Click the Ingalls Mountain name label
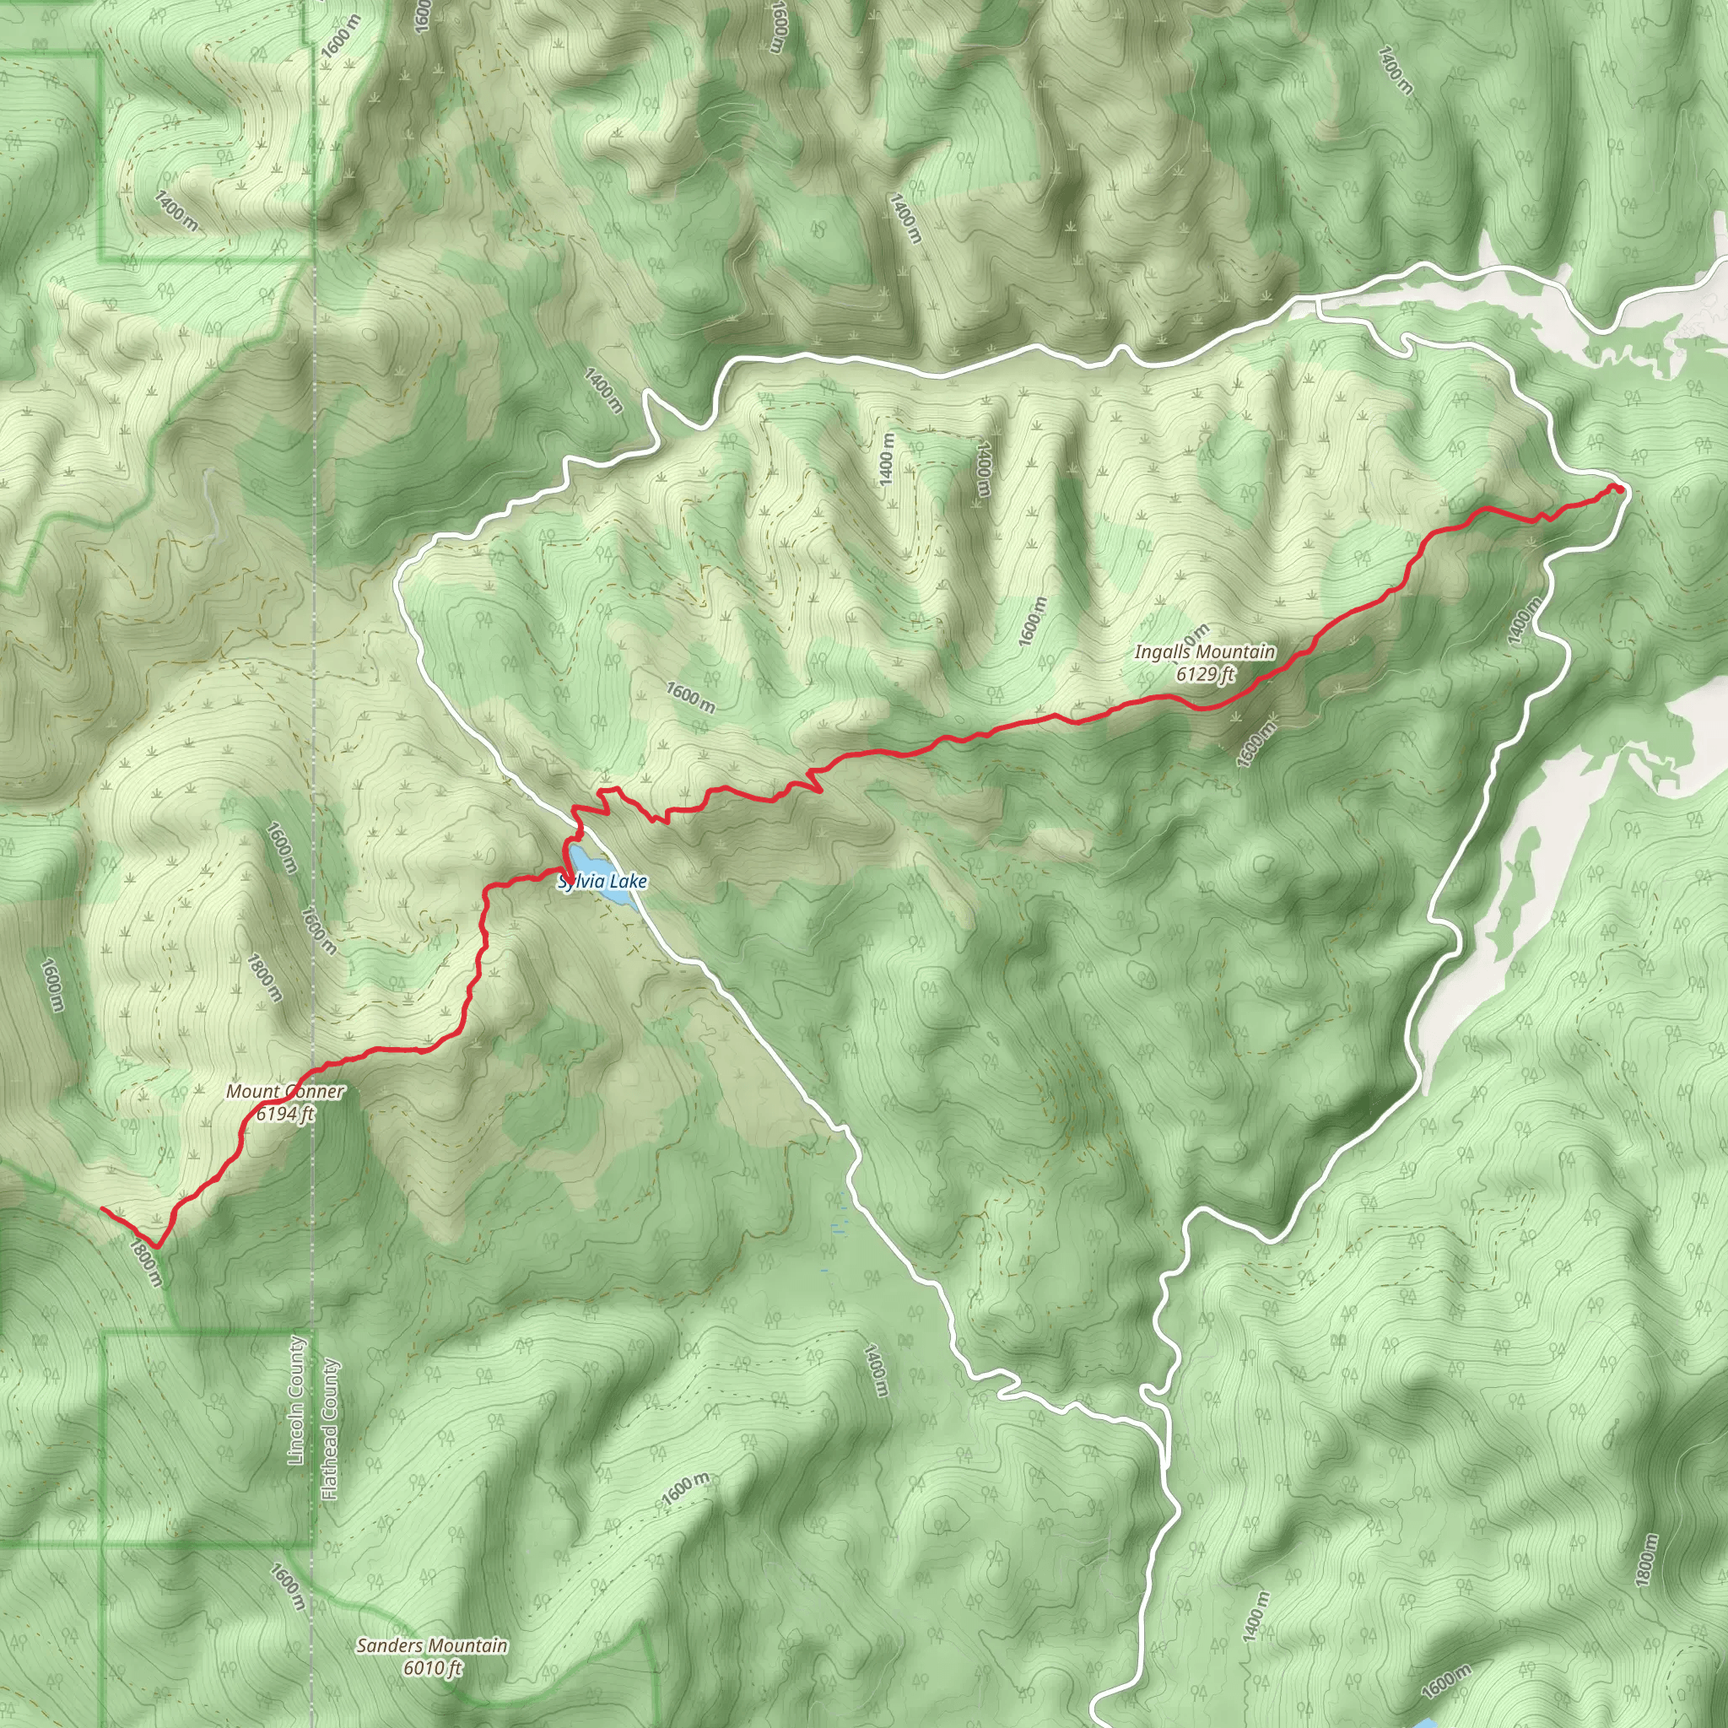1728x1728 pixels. pyautogui.click(x=1204, y=652)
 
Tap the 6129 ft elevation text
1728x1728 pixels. pyautogui.click(x=1204, y=674)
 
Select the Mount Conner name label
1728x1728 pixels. pyautogui.click(x=284, y=1091)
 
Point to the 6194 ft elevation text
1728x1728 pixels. pyautogui.click(x=284, y=1114)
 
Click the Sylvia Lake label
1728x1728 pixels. pyautogui.click(x=602, y=882)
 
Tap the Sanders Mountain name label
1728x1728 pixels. pyautogui.click(x=432, y=1644)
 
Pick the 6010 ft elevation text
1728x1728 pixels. pyautogui.click(x=432, y=1667)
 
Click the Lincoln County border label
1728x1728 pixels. pyautogui.click(x=297, y=1401)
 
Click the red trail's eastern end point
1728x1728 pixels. pyautogui.click(x=1617, y=488)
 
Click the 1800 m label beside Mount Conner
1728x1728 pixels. pyautogui.click(x=265, y=978)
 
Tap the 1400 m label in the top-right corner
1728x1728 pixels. pyautogui.click(x=1395, y=69)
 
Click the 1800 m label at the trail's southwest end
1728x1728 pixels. pyautogui.click(x=146, y=1262)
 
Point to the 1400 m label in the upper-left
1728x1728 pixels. pyautogui.click(x=176, y=210)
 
